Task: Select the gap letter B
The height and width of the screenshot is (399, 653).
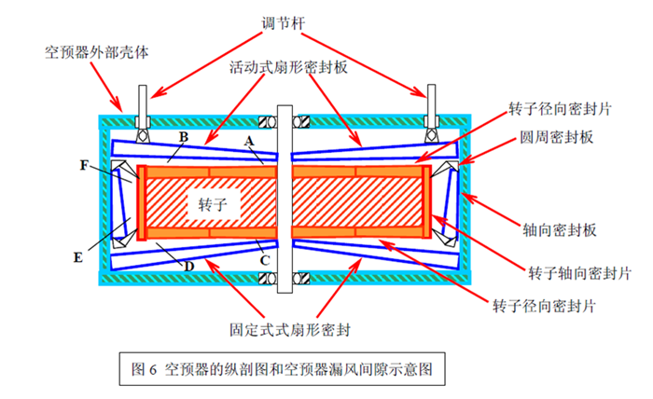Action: coord(184,138)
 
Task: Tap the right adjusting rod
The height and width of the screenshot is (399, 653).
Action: coord(433,102)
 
